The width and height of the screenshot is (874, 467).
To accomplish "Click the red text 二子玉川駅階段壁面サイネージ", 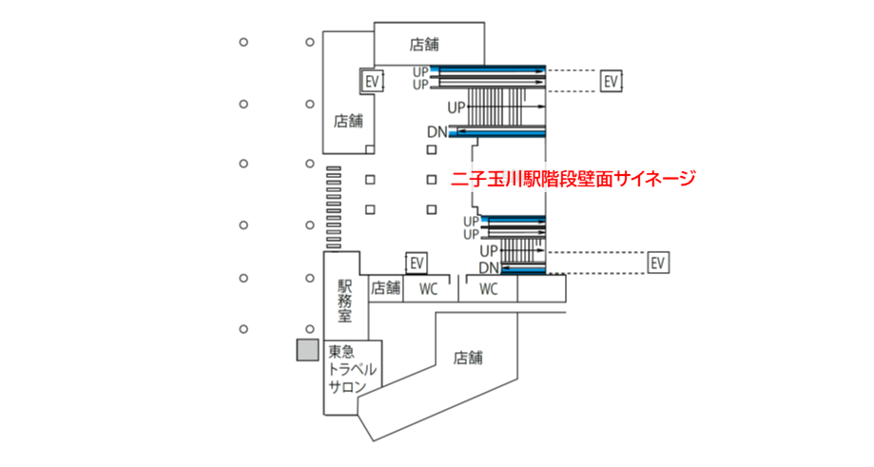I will [573, 178].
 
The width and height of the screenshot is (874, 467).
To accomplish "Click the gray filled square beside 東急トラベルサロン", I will [307, 349].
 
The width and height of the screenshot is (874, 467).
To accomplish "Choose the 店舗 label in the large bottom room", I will [468, 358].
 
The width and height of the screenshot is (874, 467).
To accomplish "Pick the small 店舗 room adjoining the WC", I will [385, 287].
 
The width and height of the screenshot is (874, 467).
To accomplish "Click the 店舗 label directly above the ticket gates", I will [348, 121].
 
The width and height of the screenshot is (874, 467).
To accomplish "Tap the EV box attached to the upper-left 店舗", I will [372, 81].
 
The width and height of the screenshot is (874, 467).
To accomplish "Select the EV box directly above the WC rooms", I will [415, 263].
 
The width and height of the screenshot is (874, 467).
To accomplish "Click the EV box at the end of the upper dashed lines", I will [612, 81].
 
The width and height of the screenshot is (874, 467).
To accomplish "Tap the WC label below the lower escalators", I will [489, 288].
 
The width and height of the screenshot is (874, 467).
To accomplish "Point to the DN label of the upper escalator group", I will [437, 131].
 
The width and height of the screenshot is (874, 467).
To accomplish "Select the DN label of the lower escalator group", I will [489, 268].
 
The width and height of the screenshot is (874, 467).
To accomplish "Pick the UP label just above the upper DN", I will [456, 107].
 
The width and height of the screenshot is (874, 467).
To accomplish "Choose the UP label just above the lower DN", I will [489, 250].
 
